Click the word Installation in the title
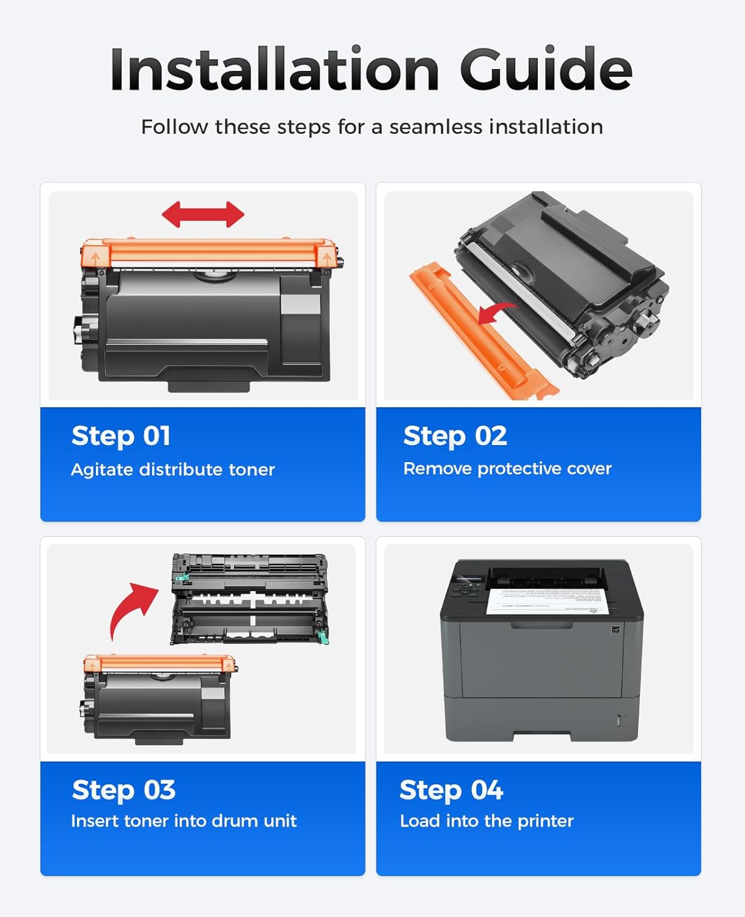click(x=274, y=70)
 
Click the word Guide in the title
click(x=545, y=70)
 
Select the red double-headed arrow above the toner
click(x=203, y=215)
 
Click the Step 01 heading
click(x=121, y=436)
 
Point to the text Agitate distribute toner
click(x=173, y=470)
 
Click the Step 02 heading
click(x=455, y=436)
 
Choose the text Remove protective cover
click(x=507, y=468)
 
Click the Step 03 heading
click(x=123, y=790)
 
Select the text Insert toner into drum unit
click(x=183, y=820)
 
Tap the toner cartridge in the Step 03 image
click(x=159, y=700)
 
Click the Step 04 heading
click(x=451, y=790)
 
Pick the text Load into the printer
click(x=486, y=820)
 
